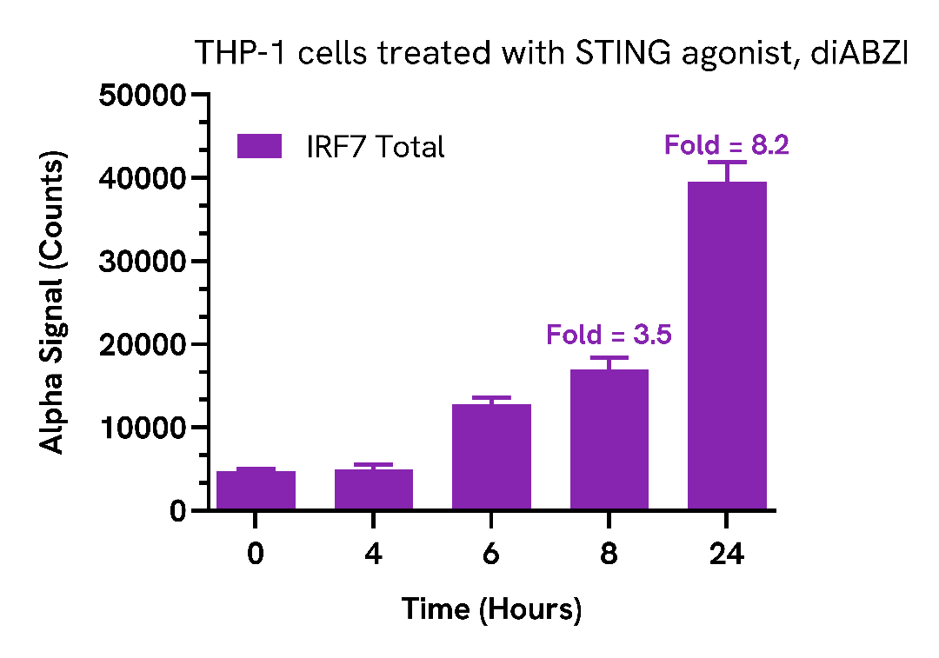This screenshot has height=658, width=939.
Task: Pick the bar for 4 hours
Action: tap(373, 489)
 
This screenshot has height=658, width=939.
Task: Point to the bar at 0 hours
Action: tap(256, 490)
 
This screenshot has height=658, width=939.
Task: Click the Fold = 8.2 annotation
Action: tap(726, 145)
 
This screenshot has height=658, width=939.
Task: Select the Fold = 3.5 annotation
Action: tap(609, 335)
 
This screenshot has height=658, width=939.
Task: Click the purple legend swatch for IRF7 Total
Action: tap(259, 146)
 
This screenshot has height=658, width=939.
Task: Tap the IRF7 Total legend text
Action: tap(375, 147)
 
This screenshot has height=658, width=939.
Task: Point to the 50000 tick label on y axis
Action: tap(143, 95)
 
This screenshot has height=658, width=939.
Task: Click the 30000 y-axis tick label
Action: tap(143, 262)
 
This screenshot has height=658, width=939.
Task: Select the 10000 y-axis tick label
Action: tap(143, 428)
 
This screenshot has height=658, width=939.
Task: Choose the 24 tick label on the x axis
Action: tap(727, 554)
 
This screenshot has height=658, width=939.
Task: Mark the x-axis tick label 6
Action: tap(491, 554)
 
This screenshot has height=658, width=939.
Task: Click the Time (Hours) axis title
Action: tap(491, 608)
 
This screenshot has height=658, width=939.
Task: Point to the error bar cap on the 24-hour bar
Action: tap(727, 162)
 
